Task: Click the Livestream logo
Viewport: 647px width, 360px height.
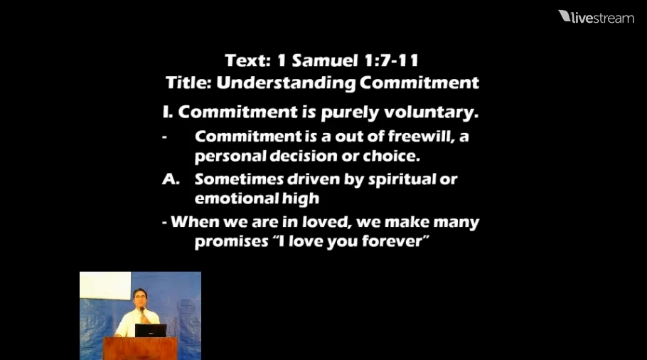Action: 596,17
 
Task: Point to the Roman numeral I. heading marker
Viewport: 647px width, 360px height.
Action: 168,112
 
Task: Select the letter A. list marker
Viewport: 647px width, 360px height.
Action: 171,179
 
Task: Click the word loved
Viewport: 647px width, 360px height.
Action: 306,222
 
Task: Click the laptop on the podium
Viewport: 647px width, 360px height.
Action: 150,330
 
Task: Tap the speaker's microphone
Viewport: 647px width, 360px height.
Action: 141,311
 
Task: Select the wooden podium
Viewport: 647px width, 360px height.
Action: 139,348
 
